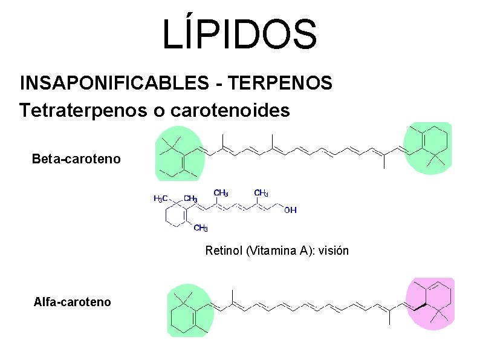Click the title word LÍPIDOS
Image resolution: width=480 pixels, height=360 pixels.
(239, 34)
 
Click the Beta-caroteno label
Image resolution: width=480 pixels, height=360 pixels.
(76, 160)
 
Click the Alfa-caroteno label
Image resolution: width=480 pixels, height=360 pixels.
(73, 301)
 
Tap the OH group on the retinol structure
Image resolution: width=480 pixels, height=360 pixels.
(290, 210)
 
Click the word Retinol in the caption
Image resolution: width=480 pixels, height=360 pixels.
(224, 250)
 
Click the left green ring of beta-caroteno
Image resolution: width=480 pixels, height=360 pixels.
(178, 154)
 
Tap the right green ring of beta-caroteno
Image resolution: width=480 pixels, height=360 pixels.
(427, 148)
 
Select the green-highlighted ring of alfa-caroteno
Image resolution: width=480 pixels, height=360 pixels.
(188, 309)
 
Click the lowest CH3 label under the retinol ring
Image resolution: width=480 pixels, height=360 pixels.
(201, 228)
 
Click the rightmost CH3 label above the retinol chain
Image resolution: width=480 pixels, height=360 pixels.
(261, 194)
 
